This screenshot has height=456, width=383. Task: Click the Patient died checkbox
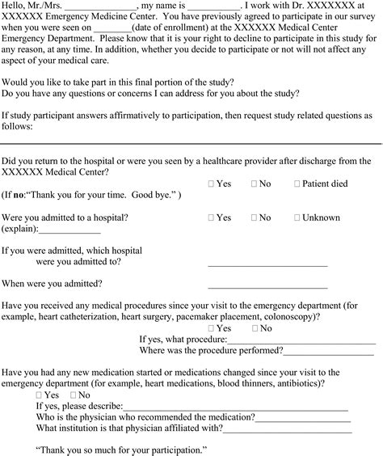pyautogui.click(x=297, y=184)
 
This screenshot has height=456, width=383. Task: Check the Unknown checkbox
pyautogui.click(x=297, y=218)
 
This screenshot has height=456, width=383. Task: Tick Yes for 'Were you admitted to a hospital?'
pyautogui.click(x=211, y=218)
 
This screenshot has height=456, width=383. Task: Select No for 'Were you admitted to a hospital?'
pyautogui.click(x=255, y=218)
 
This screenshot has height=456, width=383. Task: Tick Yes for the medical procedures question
pyautogui.click(x=211, y=329)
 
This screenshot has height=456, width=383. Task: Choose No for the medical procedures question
pyautogui.click(x=255, y=329)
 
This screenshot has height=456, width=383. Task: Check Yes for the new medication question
pyautogui.click(x=40, y=395)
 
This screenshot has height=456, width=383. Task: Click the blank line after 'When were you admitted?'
pyautogui.click(x=267, y=286)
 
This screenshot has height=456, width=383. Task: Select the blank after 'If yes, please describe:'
pyautogui.click(x=234, y=407)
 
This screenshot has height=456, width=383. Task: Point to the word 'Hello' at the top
pyautogui.click(x=14, y=6)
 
